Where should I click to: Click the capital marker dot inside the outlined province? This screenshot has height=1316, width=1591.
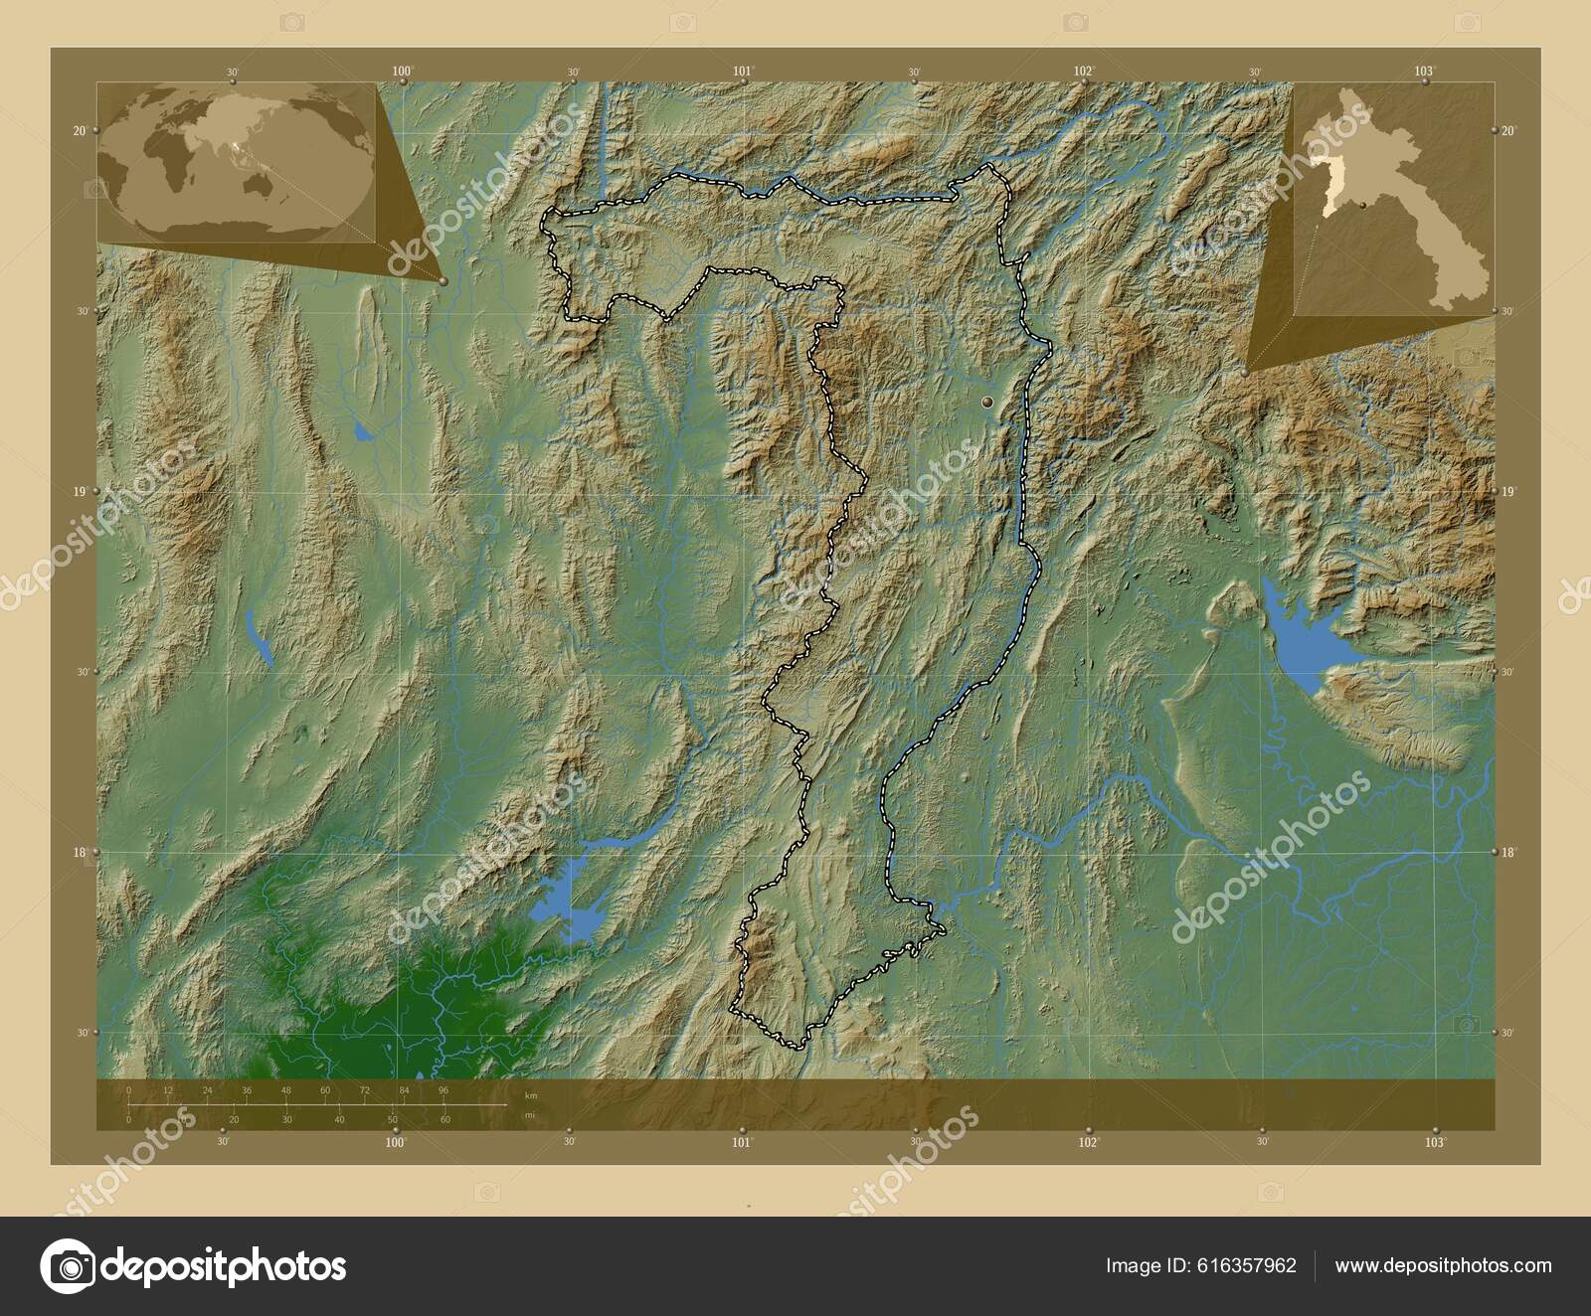[986, 402]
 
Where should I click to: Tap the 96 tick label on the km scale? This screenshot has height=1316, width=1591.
[443, 1090]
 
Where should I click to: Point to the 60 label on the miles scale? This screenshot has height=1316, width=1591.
[445, 1119]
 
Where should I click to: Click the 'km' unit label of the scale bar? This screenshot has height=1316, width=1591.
[531, 1094]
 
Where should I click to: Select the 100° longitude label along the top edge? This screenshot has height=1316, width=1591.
[403, 71]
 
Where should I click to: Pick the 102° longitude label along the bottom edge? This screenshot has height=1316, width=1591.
[1090, 1143]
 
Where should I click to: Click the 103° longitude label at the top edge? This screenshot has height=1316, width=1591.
[1425, 71]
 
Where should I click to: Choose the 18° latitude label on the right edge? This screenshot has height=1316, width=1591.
[1507, 852]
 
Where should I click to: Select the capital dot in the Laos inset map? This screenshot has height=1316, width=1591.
[1361, 206]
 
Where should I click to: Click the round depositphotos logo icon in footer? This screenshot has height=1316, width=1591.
[68, 1266]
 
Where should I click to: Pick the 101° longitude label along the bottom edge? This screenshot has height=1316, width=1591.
[742, 1143]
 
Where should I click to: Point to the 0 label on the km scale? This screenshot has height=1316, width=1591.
[129, 1090]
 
